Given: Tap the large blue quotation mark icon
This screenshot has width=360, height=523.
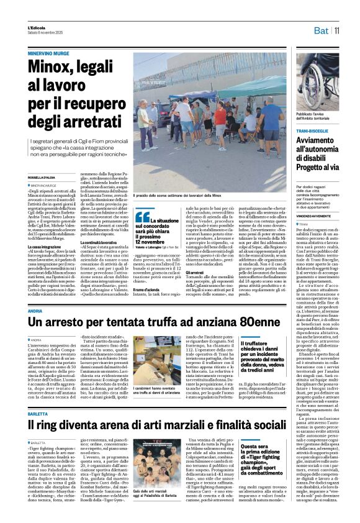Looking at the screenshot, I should point(143,217).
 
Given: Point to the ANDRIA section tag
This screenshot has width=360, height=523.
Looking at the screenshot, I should point(35,309).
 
